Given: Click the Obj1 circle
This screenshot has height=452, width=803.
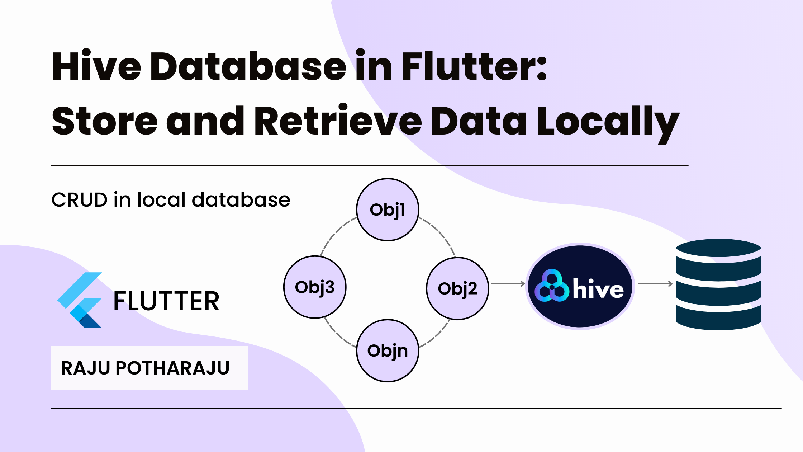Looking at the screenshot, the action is [388, 209].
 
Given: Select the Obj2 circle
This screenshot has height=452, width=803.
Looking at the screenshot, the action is [457, 288].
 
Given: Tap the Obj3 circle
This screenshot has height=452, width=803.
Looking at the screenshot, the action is [315, 287].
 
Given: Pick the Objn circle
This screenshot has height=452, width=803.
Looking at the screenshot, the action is [388, 350].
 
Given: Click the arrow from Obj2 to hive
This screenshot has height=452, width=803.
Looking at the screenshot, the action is [508, 284].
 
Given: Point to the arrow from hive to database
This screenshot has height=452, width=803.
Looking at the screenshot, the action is [655, 284].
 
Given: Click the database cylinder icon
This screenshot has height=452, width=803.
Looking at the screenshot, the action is [718, 284].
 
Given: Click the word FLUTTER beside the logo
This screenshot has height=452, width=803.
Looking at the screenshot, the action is [166, 301].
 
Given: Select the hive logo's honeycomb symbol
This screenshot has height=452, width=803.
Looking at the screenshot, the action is [551, 286].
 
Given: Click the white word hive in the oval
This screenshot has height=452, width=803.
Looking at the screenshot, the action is [598, 289].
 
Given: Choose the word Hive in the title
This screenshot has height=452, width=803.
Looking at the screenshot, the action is [96, 66].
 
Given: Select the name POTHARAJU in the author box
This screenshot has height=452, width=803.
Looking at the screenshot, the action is [172, 368].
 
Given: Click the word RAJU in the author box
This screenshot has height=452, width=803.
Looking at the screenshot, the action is [85, 368].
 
